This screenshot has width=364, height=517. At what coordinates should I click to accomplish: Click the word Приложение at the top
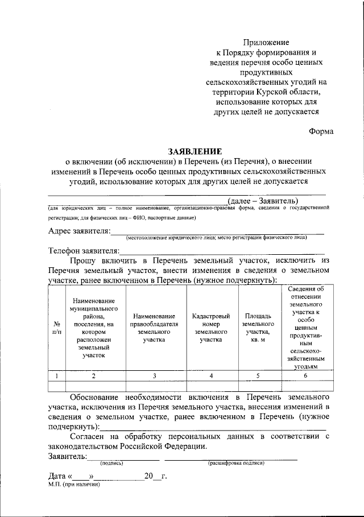[x=267, y=43]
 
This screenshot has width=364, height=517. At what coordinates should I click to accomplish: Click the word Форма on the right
[x=321, y=131]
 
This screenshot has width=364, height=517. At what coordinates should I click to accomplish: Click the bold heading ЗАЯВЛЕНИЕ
[x=195, y=151]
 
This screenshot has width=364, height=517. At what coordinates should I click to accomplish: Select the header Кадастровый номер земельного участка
[x=211, y=328]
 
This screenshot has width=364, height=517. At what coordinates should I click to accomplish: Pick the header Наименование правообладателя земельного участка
[x=155, y=328]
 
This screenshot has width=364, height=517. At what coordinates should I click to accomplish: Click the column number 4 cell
[x=211, y=376]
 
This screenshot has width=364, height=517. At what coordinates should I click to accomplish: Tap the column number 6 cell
[x=305, y=376]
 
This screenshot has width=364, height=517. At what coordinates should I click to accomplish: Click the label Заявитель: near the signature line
[x=68, y=456]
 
